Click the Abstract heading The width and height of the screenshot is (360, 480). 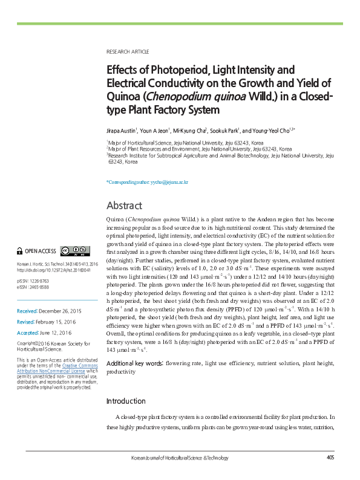(124, 206)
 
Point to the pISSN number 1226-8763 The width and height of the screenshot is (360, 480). (44, 281)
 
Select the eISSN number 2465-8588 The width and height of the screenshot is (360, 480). (44, 287)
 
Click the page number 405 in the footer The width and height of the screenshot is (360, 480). (330, 458)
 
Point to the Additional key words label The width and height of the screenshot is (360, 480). (134, 363)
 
